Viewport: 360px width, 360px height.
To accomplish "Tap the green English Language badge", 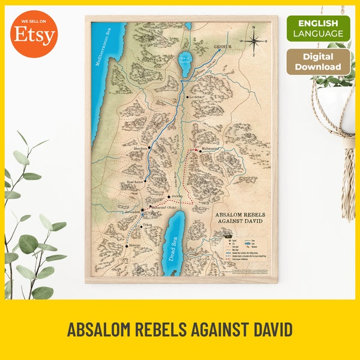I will (318, 28).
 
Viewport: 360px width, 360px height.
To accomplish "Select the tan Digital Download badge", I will (318, 62).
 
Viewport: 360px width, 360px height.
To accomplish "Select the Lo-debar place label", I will (199, 97).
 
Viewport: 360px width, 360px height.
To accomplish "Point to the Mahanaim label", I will (210, 151).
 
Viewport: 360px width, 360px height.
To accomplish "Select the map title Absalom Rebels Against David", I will (239, 218).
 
